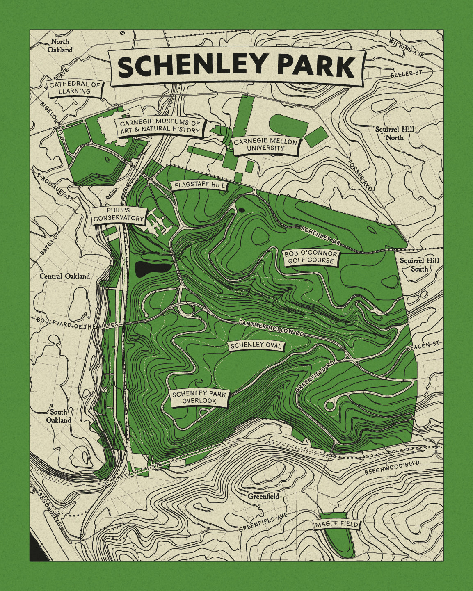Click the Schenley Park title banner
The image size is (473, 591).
(237, 67)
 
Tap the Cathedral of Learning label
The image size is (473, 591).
(75, 88)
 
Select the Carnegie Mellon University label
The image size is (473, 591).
(265, 145)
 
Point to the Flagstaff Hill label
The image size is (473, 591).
(200, 185)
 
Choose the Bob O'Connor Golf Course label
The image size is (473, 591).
(311, 257)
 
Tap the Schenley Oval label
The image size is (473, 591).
(256, 346)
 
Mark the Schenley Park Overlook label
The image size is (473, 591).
(199, 397)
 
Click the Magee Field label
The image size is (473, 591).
(336, 524)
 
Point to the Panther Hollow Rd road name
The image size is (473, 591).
(272, 328)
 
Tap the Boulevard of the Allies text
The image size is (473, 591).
(77, 323)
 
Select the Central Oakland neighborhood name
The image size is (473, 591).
(64, 276)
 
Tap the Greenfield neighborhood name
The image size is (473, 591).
(263, 496)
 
